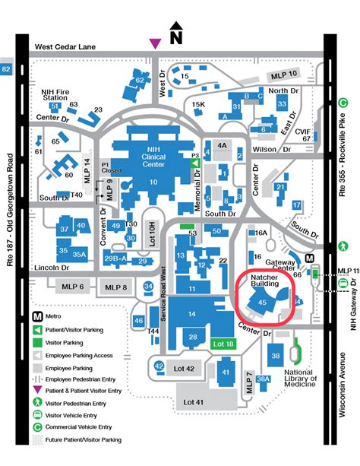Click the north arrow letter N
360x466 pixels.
click(176, 35)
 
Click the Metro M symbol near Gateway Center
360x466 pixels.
click(310, 258)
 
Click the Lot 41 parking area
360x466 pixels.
click(198, 401)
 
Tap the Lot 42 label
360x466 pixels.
click(184, 368)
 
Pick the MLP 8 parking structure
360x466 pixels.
click(116, 287)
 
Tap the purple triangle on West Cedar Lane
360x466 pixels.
click(155, 43)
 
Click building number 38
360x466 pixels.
click(276, 356)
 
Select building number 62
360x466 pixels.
click(139, 80)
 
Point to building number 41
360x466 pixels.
click(226, 372)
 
